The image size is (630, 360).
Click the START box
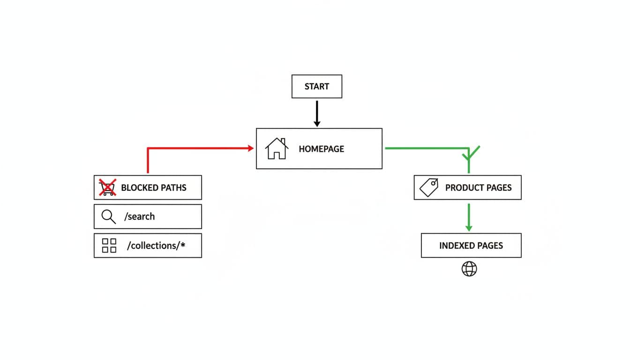[316, 87]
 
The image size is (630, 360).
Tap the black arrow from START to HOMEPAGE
[317, 113]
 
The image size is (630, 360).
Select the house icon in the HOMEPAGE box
[277, 149]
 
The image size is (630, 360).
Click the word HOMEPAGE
[321, 149]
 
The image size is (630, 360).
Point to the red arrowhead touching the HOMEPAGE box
[250, 148]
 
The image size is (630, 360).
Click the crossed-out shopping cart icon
[107, 187]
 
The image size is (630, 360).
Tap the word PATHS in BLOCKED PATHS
[173, 188]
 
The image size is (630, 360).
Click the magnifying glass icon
[108, 217]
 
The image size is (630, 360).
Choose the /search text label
[139, 217]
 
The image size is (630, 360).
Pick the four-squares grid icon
[109, 245]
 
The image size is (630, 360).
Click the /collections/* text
[156, 246]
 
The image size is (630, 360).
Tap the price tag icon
[428, 187]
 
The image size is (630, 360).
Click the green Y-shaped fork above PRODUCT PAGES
[470, 154]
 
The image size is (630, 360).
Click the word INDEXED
[457, 246]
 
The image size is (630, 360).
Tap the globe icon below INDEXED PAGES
[469, 269]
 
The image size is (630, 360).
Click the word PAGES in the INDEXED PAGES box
[490, 246]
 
